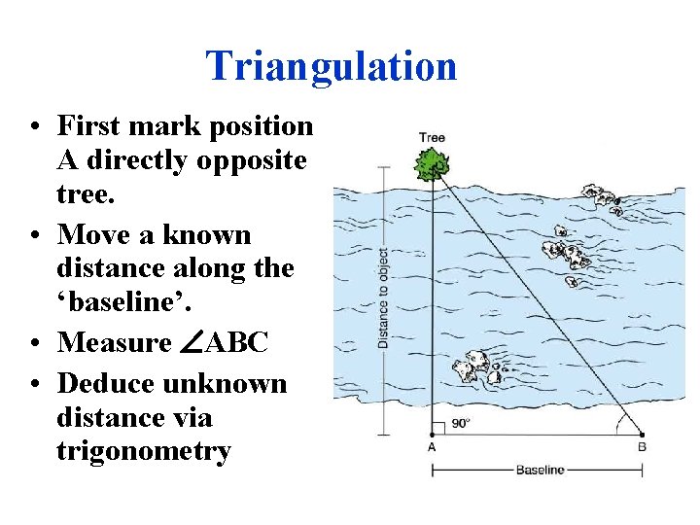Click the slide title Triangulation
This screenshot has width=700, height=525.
pos(331,66)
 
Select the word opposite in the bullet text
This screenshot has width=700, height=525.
pos(253,161)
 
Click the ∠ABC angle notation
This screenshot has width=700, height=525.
pos(225,342)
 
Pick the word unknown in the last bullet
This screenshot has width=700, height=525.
pos(225,384)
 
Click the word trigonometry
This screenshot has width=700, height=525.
pos(143,451)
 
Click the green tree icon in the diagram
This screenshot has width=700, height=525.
pos(432,165)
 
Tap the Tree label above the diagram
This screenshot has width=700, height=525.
pos(432,137)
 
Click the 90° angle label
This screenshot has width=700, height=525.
pos(461,424)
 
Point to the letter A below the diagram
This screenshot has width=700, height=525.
pos(431,447)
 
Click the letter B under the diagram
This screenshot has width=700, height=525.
pos(642,447)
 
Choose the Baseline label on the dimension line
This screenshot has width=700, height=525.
pos(539,471)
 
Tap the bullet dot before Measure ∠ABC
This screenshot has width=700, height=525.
pos(34,343)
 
